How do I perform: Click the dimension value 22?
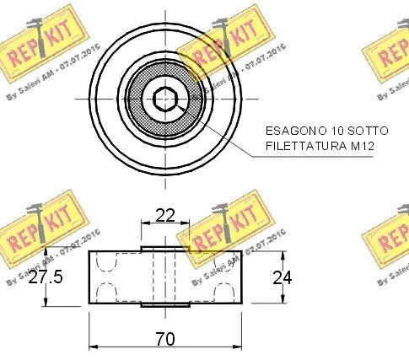coord(165,215)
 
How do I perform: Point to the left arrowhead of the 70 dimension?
coord(92,347)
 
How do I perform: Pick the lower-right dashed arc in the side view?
coord(225,292)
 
